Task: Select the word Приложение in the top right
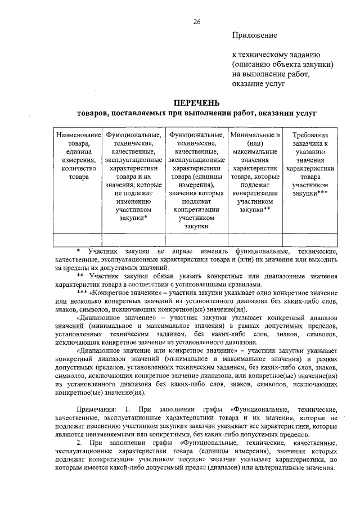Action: [x=255, y=35]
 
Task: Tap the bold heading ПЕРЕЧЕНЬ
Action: [x=197, y=103]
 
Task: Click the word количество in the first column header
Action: [x=79, y=168]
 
